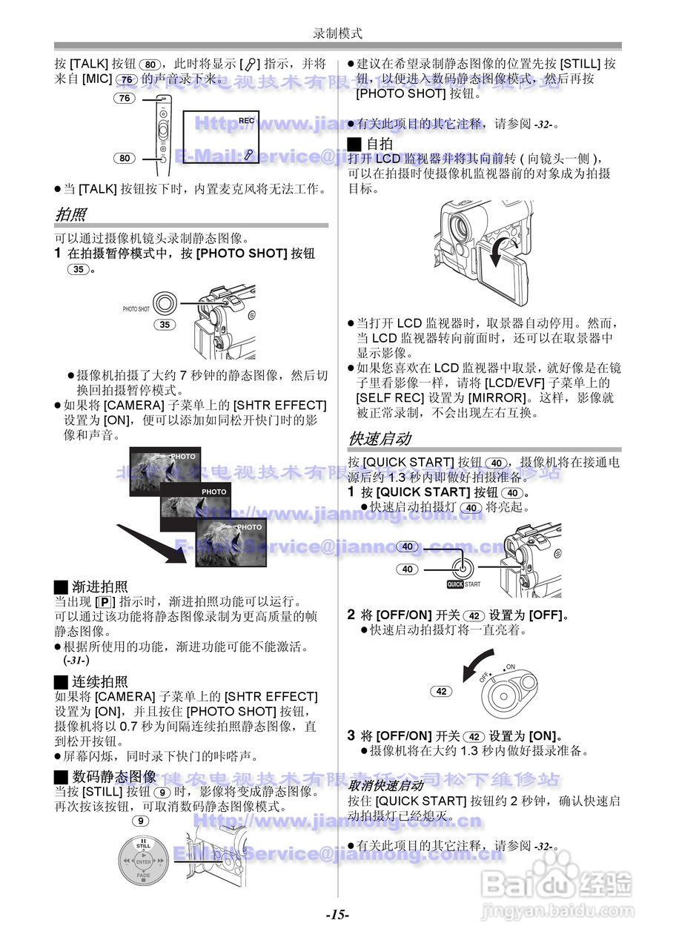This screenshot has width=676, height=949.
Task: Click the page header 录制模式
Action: (337, 33)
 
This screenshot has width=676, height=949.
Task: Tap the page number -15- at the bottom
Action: (337, 914)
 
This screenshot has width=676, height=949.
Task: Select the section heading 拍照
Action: (70, 215)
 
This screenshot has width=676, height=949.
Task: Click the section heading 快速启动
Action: (379, 438)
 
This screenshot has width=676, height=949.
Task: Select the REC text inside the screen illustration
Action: (247, 120)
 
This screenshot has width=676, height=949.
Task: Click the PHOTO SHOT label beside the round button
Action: (136, 308)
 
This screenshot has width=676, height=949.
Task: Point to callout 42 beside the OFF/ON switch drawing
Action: (441, 691)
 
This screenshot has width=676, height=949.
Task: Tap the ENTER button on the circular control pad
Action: (143, 862)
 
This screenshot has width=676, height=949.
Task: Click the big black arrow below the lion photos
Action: (152, 541)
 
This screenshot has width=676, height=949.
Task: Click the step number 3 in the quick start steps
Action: (351, 735)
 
